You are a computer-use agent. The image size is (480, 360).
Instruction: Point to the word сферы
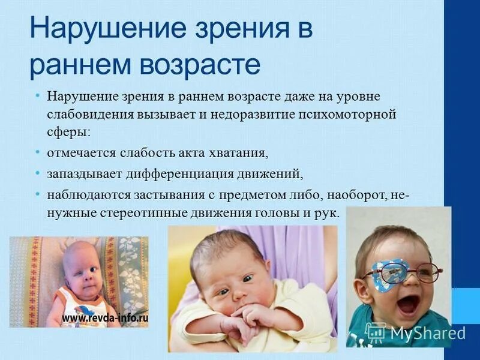point(68,131)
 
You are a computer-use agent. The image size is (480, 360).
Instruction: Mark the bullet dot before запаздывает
point(38,173)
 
